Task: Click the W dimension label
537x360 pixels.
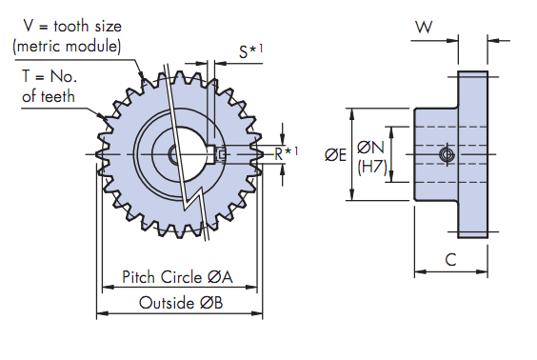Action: point(424,27)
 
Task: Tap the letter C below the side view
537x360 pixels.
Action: point(450,260)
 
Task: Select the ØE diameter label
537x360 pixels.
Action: point(335,155)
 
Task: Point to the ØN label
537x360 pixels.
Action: point(371,148)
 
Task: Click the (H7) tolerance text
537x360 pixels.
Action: point(372,168)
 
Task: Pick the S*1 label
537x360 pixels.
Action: point(250,50)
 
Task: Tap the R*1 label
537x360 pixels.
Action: point(287,153)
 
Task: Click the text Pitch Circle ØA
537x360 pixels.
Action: point(177,277)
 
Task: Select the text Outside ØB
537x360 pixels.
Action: point(181,303)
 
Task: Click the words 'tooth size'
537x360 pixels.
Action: point(88,27)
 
